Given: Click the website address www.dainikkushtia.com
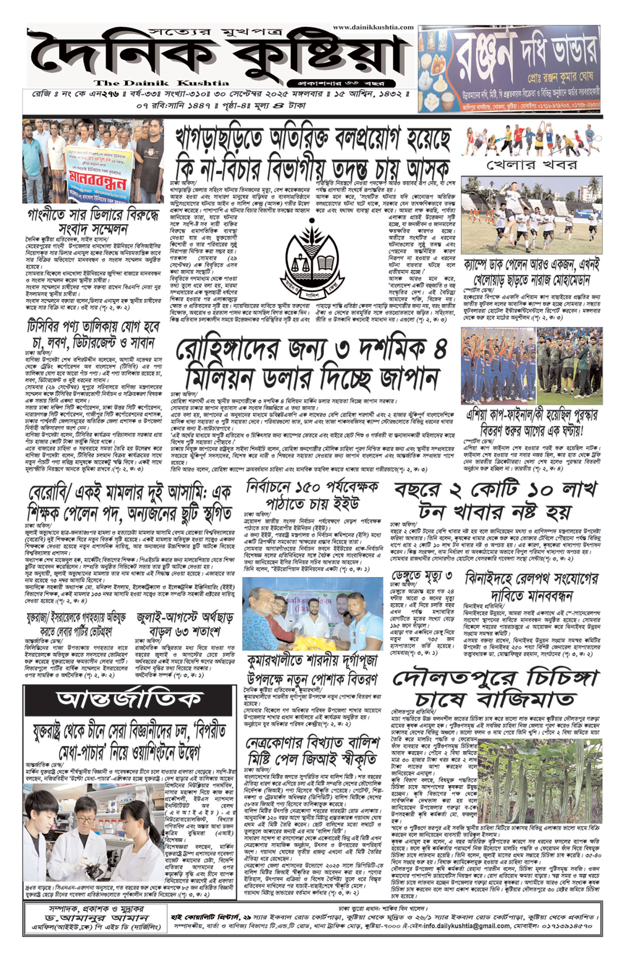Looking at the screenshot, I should (x=373, y=27).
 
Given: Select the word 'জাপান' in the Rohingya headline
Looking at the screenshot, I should (x=408, y=378).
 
